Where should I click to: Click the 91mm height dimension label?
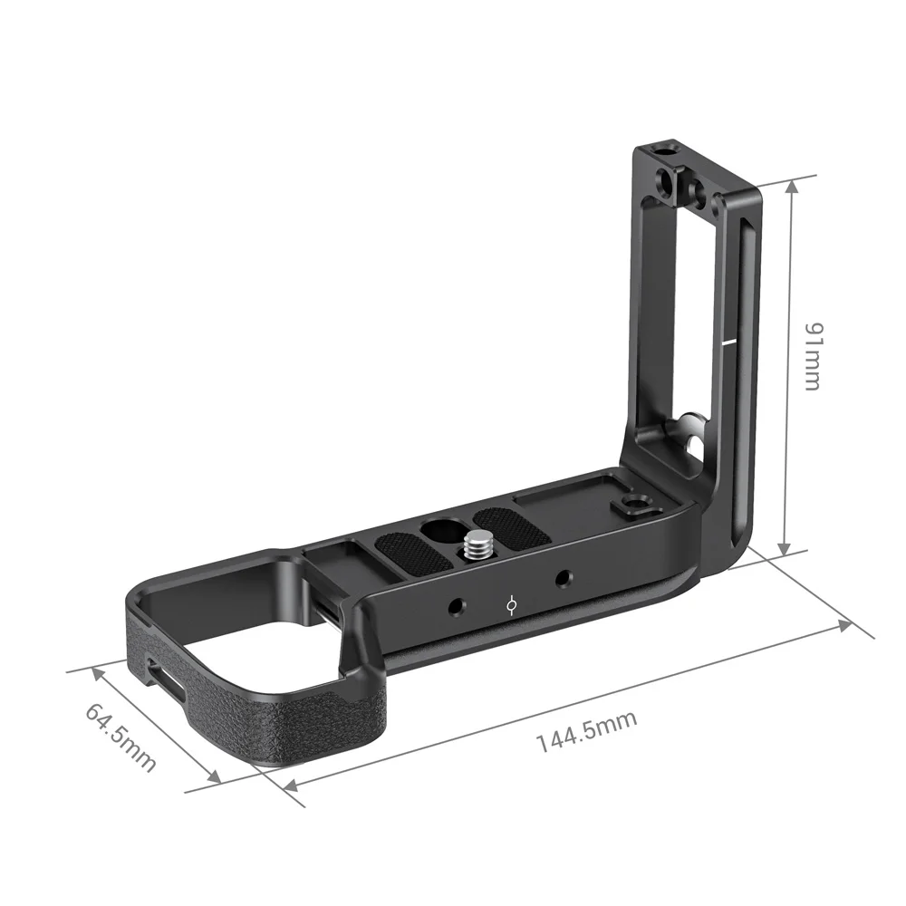809,355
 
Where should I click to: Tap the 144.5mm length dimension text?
587,731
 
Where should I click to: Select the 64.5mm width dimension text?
121,737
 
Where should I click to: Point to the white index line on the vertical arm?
730,343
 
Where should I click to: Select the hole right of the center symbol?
564,577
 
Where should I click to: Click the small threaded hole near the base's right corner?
631,505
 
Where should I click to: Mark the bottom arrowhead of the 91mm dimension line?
786,549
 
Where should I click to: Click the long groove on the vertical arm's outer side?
741,362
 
